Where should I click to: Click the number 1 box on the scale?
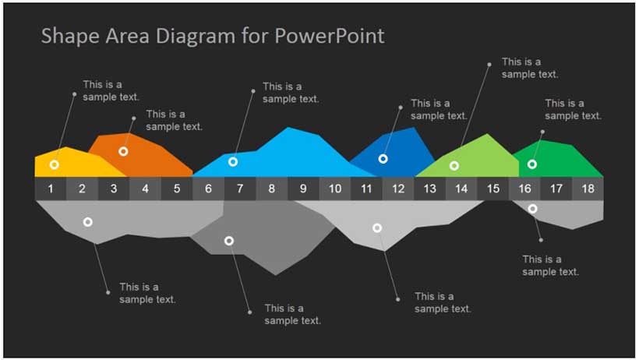click(x=51, y=189)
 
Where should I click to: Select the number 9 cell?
click(x=303, y=189)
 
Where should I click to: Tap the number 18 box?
click(x=588, y=189)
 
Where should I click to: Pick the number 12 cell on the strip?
click(x=398, y=189)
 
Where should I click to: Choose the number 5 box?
click(x=177, y=189)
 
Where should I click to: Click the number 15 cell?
click(x=493, y=189)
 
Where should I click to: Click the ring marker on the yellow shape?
click(x=55, y=164)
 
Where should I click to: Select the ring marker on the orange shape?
click(x=123, y=152)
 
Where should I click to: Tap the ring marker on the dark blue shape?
click(x=383, y=159)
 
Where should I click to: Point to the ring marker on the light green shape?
click(x=454, y=165)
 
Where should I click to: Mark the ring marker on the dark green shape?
click(x=532, y=164)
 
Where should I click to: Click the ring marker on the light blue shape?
click(x=233, y=162)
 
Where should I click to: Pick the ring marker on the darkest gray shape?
click(x=229, y=241)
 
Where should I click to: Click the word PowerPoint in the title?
click(x=330, y=36)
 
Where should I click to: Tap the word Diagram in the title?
click(x=195, y=37)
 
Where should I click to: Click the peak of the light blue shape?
click(x=288, y=128)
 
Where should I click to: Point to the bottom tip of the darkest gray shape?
click(x=276, y=275)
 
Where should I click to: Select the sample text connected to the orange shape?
click(x=174, y=120)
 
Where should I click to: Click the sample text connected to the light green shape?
click(x=529, y=68)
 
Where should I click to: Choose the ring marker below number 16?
click(x=532, y=209)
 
